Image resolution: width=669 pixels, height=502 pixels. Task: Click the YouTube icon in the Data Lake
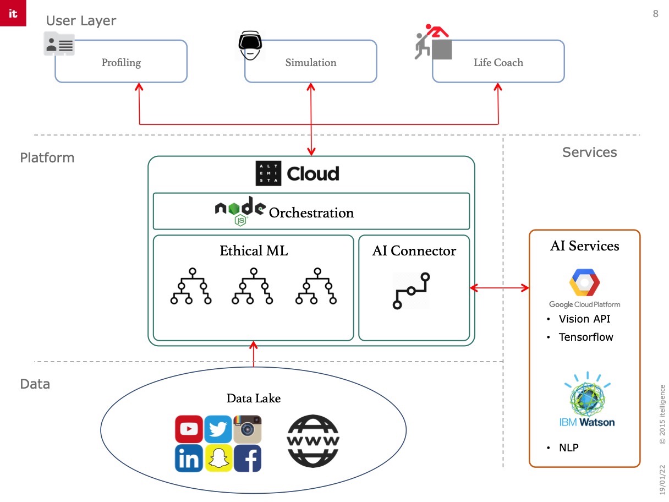click(189, 429)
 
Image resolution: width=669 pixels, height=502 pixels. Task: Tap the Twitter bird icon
click(218, 429)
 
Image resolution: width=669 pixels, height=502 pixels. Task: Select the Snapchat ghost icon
click(218, 459)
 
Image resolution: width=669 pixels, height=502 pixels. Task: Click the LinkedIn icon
click(189, 459)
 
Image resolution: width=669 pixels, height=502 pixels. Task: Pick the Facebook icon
click(248, 459)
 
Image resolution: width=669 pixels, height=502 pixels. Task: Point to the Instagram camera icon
click(248, 429)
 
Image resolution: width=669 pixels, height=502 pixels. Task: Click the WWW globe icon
click(314, 441)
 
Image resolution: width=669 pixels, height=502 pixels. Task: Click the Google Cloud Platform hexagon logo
click(584, 283)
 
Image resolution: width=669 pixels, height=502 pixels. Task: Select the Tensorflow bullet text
click(586, 337)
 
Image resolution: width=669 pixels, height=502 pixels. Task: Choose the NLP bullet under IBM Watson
click(569, 448)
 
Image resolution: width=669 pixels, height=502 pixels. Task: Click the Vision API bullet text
click(584, 319)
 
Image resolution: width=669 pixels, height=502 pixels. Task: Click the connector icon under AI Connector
click(411, 290)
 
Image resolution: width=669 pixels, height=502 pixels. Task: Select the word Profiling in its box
click(121, 62)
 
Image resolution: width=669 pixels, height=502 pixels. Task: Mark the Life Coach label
click(498, 62)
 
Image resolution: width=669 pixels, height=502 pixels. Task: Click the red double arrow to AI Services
click(499, 287)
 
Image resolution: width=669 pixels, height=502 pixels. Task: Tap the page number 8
click(655, 14)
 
